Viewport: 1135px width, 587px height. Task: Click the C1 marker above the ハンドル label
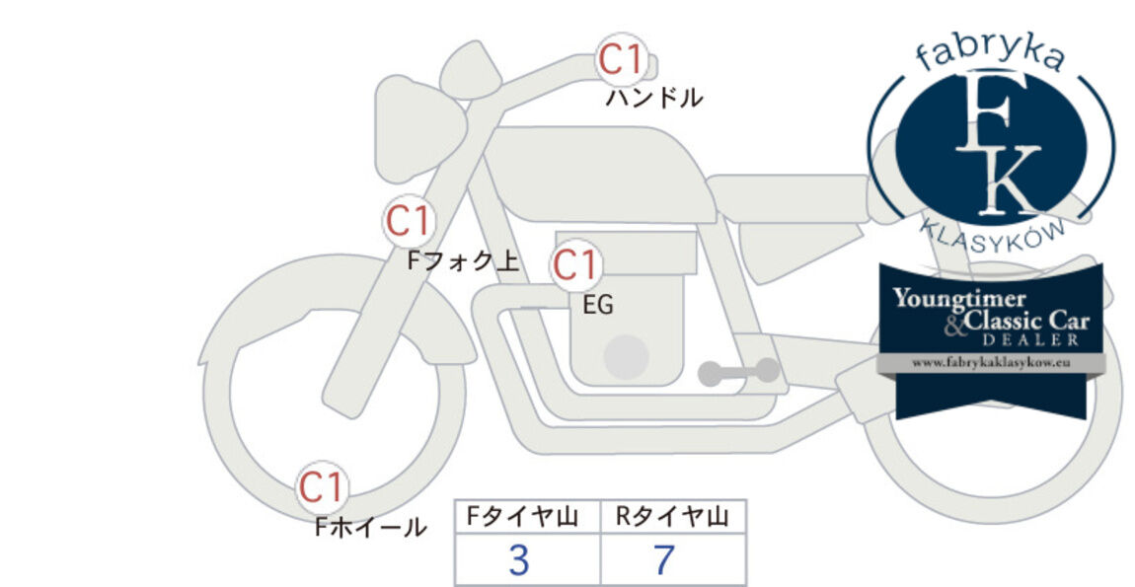622,59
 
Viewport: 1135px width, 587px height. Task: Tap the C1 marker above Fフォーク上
409,221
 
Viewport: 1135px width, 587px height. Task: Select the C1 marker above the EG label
576,265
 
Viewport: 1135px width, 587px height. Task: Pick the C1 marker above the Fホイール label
322,487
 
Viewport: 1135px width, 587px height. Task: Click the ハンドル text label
653,98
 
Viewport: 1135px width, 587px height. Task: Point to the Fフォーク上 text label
463,260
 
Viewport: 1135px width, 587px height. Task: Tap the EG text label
598,306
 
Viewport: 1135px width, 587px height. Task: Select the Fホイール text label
371,527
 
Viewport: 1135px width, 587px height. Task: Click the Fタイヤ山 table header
523,517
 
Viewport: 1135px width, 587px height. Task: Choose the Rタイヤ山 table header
672,517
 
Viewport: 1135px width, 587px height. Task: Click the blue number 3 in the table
519,559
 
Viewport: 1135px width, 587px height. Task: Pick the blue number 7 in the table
664,559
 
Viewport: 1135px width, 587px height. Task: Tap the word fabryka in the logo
990,55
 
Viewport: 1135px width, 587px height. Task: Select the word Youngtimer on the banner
958,298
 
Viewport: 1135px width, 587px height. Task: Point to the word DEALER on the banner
1030,339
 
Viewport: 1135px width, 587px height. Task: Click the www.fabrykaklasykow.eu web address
991,363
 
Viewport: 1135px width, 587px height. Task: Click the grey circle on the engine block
626,357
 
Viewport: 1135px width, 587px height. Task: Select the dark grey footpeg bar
739,372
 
